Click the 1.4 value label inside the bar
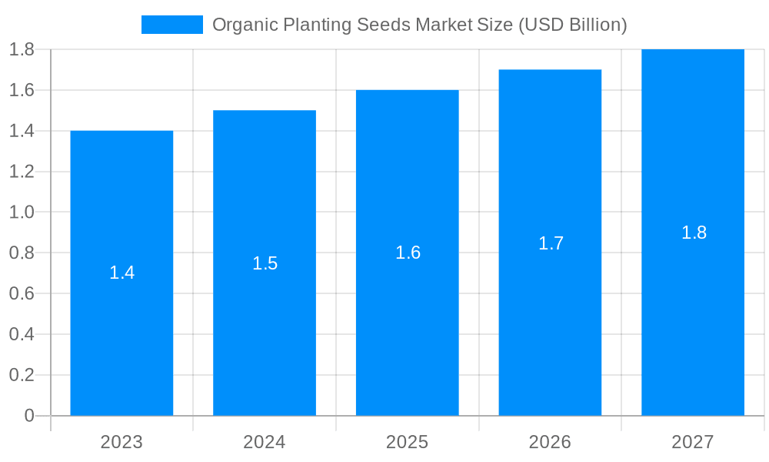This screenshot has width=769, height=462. pyautogui.click(x=122, y=273)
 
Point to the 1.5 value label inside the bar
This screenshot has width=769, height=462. pyautogui.click(x=265, y=263)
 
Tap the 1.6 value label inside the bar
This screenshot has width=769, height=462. pyautogui.click(x=408, y=253)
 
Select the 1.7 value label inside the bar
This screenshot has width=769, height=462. pyautogui.click(x=551, y=243)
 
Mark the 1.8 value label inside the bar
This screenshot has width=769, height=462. pyautogui.click(x=694, y=233)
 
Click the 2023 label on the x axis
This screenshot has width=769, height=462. pyautogui.click(x=122, y=442)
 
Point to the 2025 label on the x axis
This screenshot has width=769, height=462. pyautogui.click(x=408, y=442)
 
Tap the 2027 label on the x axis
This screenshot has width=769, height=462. pyautogui.click(x=693, y=442)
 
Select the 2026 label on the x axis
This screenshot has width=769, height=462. pyautogui.click(x=550, y=442)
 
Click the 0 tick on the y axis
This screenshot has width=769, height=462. pyautogui.click(x=29, y=416)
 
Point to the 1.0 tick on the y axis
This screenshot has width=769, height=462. pyautogui.click(x=22, y=213)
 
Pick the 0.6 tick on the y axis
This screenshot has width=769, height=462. pyautogui.click(x=22, y=294)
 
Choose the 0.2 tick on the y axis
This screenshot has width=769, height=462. pyautogui.click(x=22, y=375)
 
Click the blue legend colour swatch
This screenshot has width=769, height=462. pyautogui.click(x=172, y=25)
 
